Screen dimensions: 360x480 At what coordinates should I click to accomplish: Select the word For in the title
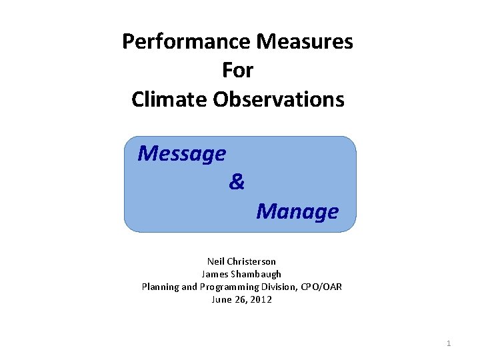click(x=238, y=70)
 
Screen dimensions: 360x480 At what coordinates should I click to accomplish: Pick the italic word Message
click(x=181, y=154)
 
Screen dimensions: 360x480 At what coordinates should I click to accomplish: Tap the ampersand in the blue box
click(x=237, y=181)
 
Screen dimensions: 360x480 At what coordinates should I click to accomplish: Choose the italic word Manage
click(x=297, y=211)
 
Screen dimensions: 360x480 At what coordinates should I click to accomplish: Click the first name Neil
click(x=216, y=261)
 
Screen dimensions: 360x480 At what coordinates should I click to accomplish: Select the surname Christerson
click(x=251, y=261)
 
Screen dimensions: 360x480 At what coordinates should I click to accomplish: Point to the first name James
click(x=215, y=274)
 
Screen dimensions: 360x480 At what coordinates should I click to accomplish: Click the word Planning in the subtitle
click(x=159, y=287)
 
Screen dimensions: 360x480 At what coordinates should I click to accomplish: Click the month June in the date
click(x=221, y=299)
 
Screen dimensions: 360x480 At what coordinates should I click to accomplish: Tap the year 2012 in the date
click(x=261, y=299)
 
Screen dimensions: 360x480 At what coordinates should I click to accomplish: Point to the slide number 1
click(x=449, y=343)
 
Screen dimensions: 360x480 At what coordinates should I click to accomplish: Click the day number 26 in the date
click(x=240, y=299)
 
